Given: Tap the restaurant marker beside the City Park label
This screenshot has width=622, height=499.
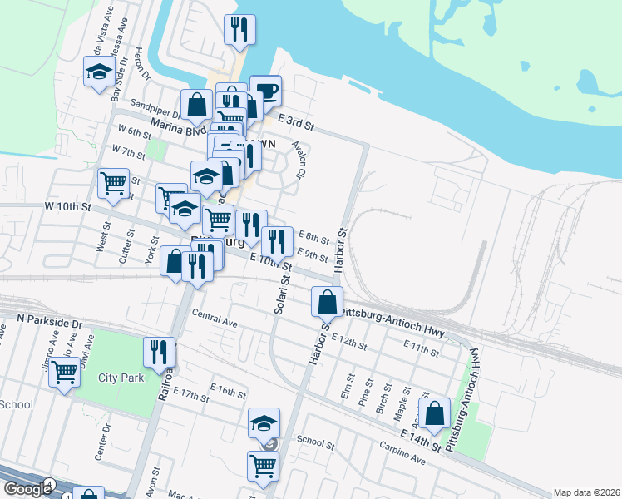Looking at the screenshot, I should pos(159,352).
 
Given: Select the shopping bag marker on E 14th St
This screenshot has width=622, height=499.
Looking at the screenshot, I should pos(434,413).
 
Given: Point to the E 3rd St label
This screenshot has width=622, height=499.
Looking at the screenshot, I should pos(296,123).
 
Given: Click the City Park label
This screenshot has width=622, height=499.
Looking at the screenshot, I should pos(121,378).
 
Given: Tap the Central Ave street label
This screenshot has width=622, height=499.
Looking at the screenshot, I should pos(215,317).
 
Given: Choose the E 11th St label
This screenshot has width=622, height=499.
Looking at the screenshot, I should pos(420,348).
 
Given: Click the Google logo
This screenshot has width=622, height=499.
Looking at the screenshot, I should pos(27,489).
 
